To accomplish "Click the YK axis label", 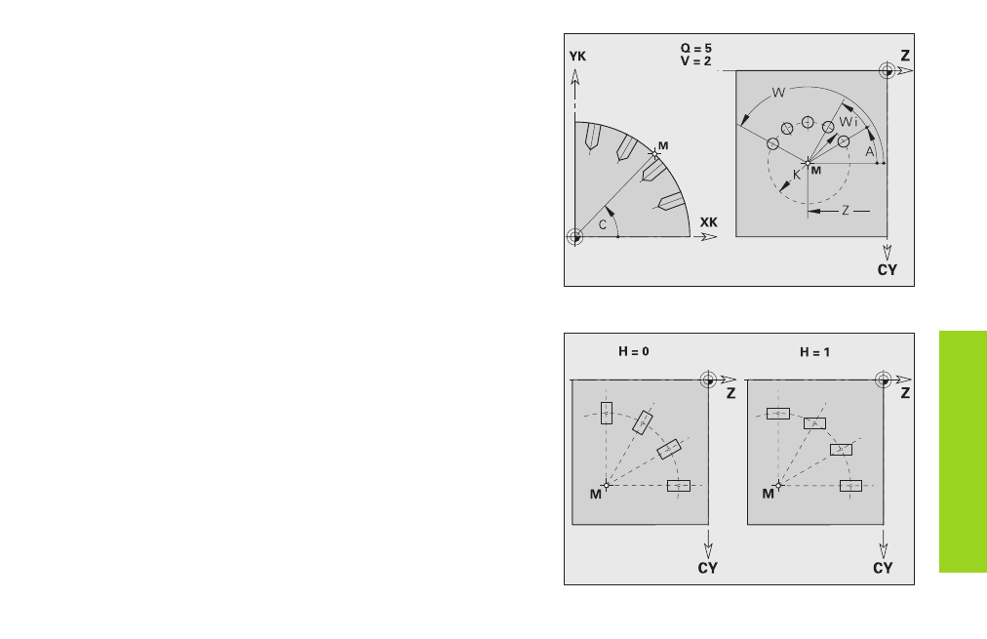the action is click(x=577, y=57).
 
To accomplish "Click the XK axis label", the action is click(x=709, y=222).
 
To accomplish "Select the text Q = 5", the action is click(x=695, y=49).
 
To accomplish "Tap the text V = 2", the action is click(x=695, y=61).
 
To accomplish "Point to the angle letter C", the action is click(x=603, y=224).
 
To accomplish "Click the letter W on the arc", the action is click(x=778, y=93).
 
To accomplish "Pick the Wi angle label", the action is click(x=849, y=122).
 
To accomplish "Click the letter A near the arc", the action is click(x=870, y=152).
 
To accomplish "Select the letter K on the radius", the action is click(x=797, y=175).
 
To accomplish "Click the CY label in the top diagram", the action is click(x=887, y=270).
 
